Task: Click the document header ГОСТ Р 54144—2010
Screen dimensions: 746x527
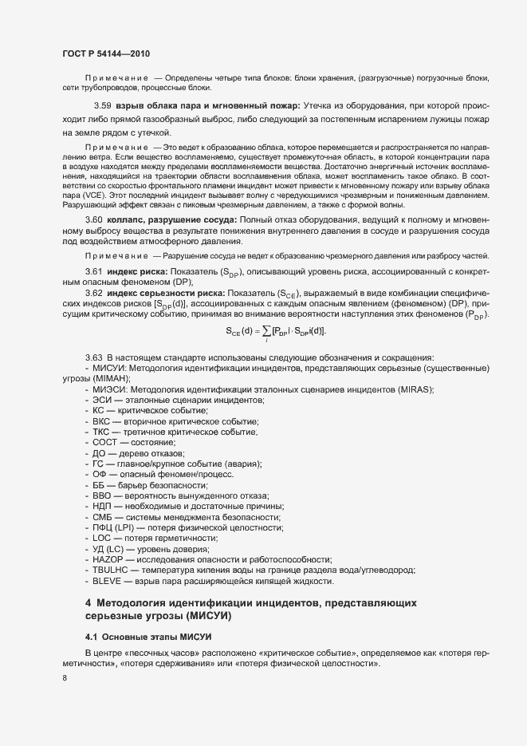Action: click(106, 53)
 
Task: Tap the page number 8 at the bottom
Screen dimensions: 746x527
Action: click(65, 678)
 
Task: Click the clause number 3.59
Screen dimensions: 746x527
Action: click(102, 105)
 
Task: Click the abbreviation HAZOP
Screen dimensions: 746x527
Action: click(108, 559)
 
